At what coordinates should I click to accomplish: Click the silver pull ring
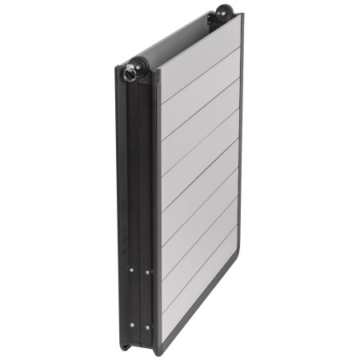pos(130,74)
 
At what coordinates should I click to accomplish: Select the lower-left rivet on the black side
pos(132,326)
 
